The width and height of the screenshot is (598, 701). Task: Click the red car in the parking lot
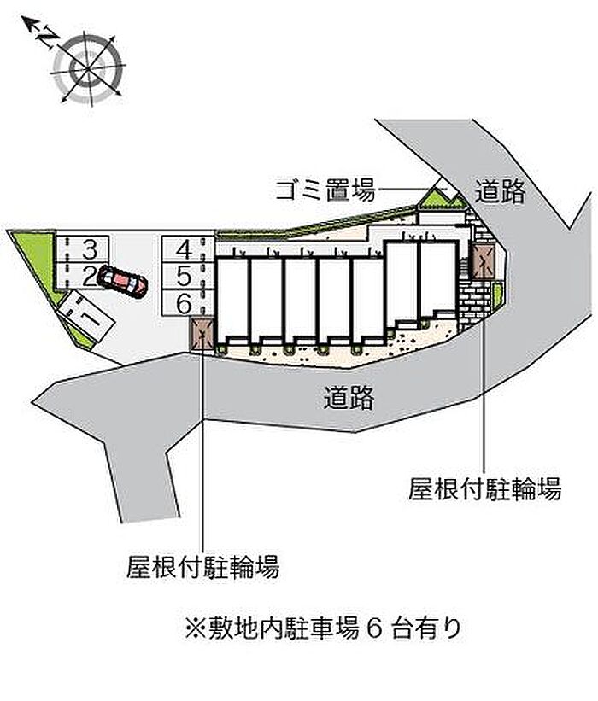122,281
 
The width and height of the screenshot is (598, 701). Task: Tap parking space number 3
81,248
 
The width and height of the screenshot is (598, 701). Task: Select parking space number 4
188,249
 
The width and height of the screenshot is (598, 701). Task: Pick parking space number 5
188,276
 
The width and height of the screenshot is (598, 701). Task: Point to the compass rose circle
88,68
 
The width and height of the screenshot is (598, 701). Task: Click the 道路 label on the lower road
349,397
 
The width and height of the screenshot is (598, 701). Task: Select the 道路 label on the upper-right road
500,191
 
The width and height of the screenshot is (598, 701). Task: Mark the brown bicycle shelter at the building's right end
483,262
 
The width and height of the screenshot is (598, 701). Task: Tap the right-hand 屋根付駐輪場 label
484,488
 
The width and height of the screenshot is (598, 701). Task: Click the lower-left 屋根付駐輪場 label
202,567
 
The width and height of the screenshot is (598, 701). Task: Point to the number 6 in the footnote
375,628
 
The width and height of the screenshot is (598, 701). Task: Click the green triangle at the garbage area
432,197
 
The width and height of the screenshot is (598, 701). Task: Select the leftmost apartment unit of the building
232,301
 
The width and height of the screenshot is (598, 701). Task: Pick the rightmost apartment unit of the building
439,278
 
